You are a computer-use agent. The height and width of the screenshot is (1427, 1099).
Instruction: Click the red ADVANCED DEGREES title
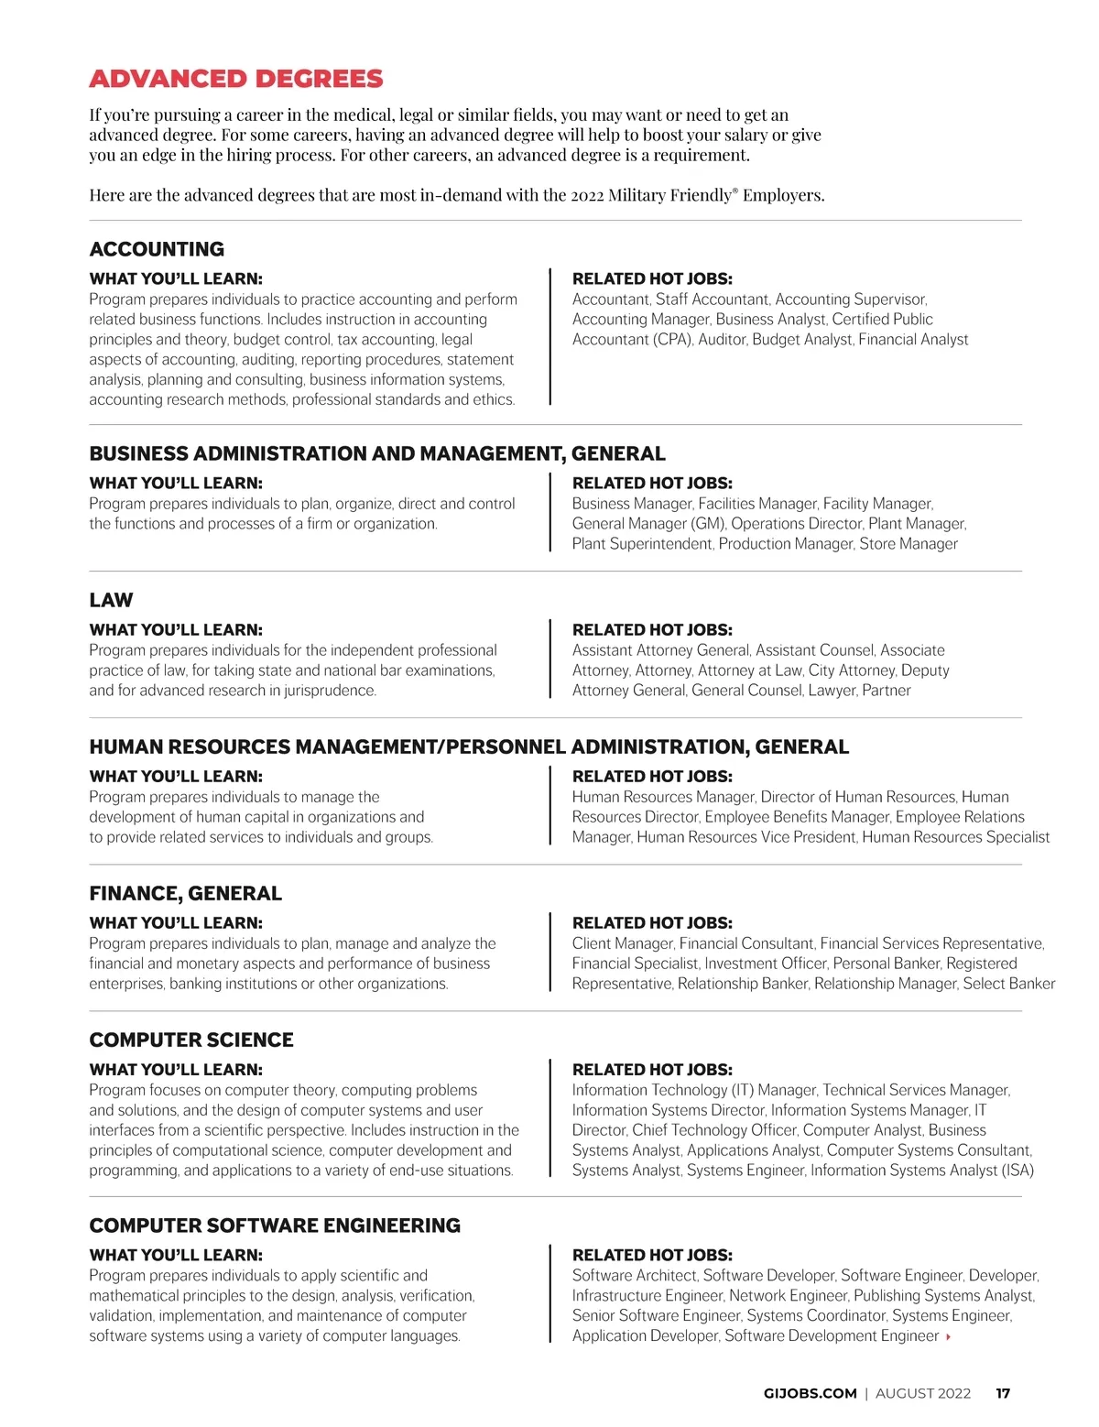pos(236,79)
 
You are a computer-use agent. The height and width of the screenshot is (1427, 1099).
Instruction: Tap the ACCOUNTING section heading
pos(157,249)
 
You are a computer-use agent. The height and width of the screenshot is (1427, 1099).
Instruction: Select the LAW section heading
pos(111,600)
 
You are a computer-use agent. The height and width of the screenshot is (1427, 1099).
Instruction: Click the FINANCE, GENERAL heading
pos(185,893)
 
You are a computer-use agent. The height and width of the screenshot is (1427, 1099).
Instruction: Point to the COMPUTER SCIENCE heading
pos(191,1040)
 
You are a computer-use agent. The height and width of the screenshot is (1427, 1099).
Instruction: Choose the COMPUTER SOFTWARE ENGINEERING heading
pos(275,1225)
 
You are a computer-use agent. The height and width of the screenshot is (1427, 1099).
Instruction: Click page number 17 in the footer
pos(1003,1393)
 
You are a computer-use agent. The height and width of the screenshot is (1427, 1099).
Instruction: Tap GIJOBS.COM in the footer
pos(810,1393)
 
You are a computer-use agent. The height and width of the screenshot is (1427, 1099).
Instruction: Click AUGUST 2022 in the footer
pos(922,1393)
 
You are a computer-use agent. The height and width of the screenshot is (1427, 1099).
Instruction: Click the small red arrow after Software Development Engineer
pos(948,1336)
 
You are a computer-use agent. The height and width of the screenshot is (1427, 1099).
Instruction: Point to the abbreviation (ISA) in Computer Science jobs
pos(1017,1171)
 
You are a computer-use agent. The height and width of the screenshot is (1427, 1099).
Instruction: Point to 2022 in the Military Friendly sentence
pos(587,195)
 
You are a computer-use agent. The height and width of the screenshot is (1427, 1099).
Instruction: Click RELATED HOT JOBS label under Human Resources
pos(652,777)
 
